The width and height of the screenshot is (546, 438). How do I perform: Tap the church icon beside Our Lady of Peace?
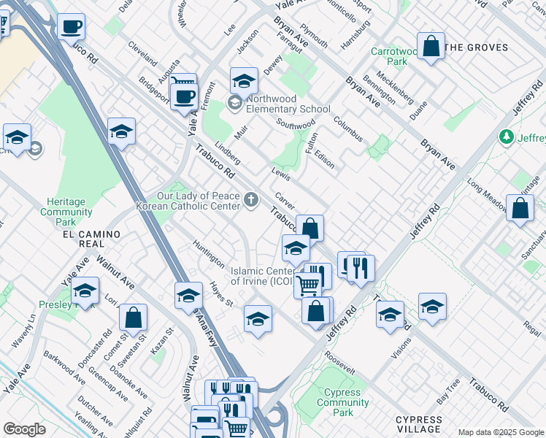click(x=251, y=201)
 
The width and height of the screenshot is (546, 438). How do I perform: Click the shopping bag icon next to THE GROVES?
click(x=431, y=47)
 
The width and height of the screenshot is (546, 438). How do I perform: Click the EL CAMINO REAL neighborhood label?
click(x=91, y=234)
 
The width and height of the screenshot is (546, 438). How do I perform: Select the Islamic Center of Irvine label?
click(x=263, y=276)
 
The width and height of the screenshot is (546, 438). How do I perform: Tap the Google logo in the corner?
click(x=24, y=429)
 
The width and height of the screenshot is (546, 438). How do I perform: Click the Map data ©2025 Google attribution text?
click(x=501, y=432)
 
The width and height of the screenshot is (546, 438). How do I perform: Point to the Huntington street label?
click(x=208, y=253)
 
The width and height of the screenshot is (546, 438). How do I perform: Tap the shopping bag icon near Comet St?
click(x=133, y=318)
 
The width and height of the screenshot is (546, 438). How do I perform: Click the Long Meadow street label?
click(x=485, y=195)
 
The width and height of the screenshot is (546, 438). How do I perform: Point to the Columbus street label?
click(x=347, y=128)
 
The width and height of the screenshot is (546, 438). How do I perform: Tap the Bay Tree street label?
click(x=447, y=391)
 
